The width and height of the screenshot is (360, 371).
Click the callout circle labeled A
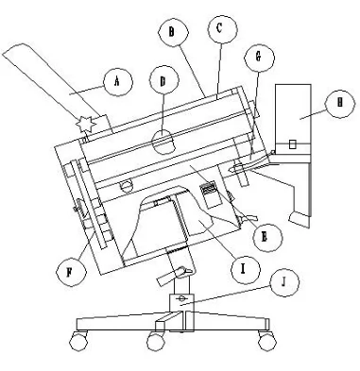coord(117,82)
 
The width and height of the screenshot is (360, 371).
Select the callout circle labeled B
coord(171,31)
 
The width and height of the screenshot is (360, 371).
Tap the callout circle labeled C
coord(219,29)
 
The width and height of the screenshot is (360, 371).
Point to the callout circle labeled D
coord(163,82)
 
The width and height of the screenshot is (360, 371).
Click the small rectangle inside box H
coord(293,143)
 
